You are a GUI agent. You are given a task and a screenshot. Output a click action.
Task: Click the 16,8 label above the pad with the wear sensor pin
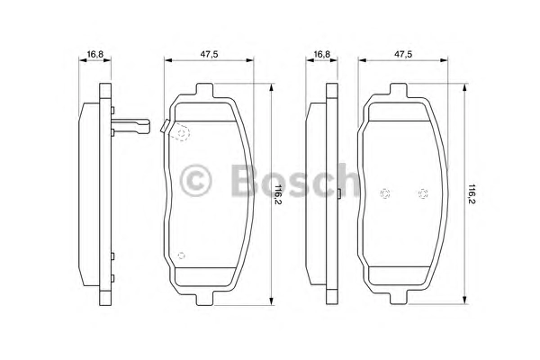(95, 54)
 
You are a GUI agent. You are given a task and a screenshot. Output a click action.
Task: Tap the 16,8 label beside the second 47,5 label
(322, 54)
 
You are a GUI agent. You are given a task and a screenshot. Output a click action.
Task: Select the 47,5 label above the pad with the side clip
(210, 54)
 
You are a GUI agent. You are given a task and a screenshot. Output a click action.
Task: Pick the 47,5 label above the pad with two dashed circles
(403, 54)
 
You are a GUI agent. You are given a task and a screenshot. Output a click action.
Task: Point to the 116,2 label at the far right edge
(472, 194)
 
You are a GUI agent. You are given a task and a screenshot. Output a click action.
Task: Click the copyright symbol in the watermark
(195, 181)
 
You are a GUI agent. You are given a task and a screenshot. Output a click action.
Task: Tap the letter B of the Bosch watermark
(244, 179)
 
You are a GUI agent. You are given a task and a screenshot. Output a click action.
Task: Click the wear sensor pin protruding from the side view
(130, 126)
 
